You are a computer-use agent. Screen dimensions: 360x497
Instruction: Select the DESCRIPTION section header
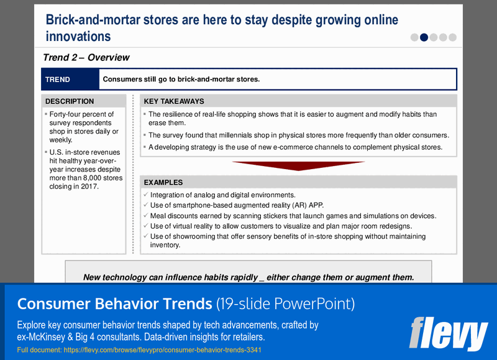(x=70, y=101)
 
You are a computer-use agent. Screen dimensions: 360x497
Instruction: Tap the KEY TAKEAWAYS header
(x=174, y=101)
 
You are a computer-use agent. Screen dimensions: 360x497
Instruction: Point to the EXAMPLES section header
(x=163, y=183)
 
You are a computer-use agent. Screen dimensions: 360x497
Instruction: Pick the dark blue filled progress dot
(x=424, y=37)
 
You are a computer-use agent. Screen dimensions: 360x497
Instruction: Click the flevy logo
(x=449, y=333)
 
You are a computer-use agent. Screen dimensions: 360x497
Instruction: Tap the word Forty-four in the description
(x=66, y=114)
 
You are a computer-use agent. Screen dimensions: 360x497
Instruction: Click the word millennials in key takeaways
(x=245, y=135)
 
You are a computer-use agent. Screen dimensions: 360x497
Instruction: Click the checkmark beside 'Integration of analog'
(x=145, y=195)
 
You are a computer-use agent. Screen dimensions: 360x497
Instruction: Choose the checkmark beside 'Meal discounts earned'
(x=145, y=216)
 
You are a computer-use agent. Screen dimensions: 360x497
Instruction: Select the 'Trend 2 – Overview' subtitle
(x=86, y=58)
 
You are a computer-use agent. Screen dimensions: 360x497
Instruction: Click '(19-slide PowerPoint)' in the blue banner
(x=285, y=304)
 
